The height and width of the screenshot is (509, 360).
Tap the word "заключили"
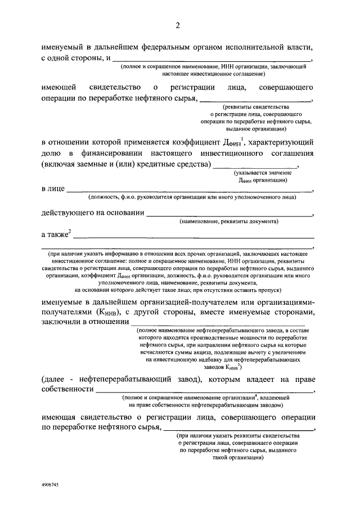(x=61, y=322)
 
